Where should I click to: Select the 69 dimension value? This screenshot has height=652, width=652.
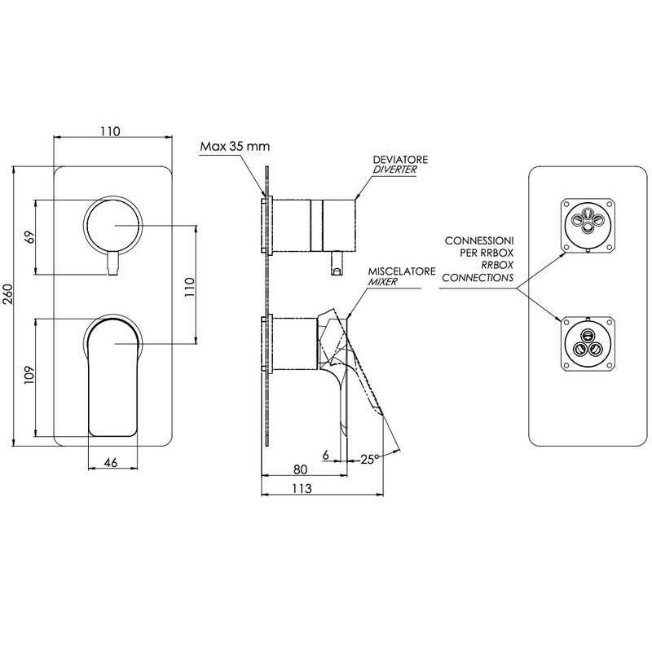[x=30, y=237]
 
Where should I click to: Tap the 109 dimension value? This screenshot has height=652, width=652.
[x=29, y=375]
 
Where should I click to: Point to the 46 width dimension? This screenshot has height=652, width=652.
[x=111, y=462]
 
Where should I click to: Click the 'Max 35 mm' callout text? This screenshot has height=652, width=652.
[x=235, y=147]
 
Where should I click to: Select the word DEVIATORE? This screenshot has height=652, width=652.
[x=394, y=160]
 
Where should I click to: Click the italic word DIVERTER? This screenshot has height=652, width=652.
[x=394, y=170]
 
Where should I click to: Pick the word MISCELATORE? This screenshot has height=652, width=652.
[x=402, y=271]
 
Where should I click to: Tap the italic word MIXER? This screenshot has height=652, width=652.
[x=382, y=281]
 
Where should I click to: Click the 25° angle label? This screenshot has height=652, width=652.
[x=369, y=459]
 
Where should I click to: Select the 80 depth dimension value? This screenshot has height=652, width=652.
[x=300, y=469]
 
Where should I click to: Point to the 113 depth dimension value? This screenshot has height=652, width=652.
[x=301, y=488]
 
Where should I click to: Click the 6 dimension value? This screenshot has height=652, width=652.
[x=325, y=456]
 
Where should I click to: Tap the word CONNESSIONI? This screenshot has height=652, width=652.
[x=479, y=240]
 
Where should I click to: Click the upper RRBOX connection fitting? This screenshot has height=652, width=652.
[x=588, y=225]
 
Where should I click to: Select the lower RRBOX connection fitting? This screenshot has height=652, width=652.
[x=588, y=344]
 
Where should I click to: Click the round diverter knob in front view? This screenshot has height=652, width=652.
[x=113, y=226]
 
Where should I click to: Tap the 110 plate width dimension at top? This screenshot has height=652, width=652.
[x=110, y=131]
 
